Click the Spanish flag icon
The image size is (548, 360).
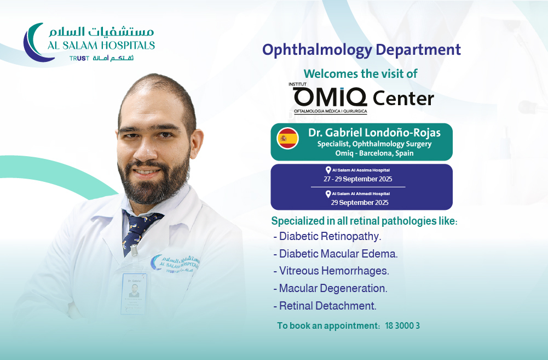tap(287, 138)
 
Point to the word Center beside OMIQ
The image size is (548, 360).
tap(403, 98)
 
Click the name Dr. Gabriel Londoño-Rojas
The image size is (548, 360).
tap(374, 133)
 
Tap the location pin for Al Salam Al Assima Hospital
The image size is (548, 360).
tap(328, 170)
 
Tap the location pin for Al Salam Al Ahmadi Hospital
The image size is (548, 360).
tap(328, 194)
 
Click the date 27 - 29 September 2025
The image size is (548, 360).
tap(358, 179)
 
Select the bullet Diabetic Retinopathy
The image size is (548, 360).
tap(327, 237)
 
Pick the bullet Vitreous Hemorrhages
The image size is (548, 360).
tap(331, 271)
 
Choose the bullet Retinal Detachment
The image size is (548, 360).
tap(325, 306)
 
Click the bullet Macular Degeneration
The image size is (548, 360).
tap(330, 288)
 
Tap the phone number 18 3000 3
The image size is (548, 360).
tap(402, 325)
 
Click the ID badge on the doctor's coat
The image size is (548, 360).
tap(134, 293)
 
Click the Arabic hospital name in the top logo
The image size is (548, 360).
tap(101, 31)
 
